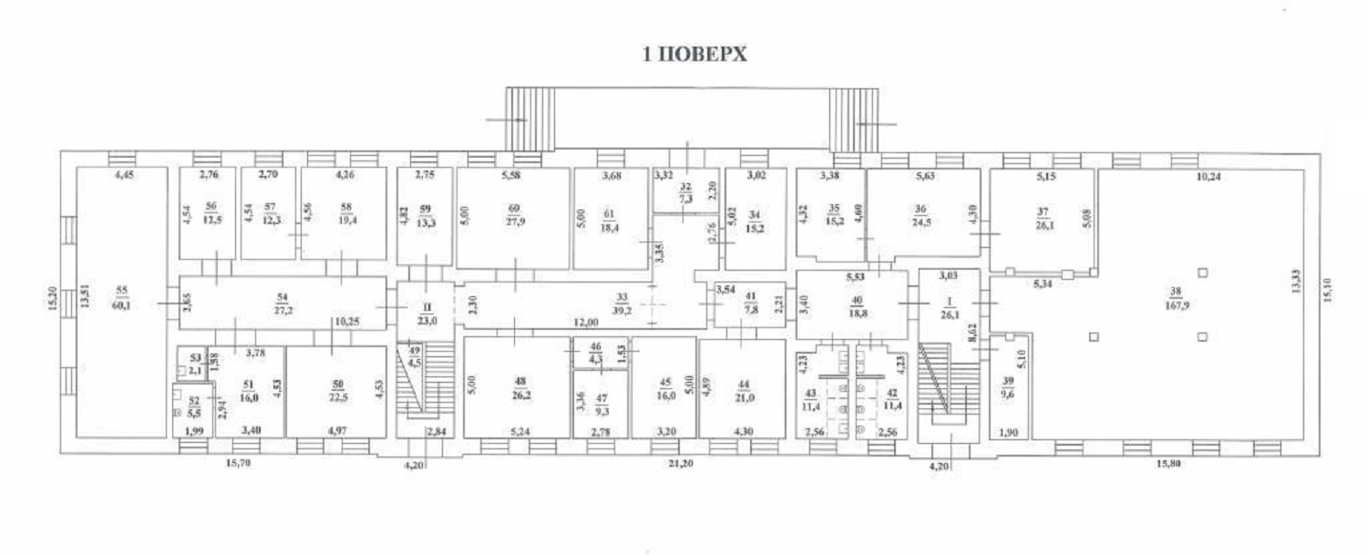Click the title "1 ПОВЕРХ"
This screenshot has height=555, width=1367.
pyautogui.click(x=695, y=55)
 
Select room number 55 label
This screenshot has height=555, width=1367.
pyautogui.click(x=122, y=291)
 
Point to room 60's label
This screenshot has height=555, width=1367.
pyautogui.click(x=513, y=212)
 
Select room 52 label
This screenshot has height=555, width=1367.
pyautogui.click(x=193, y=406)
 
